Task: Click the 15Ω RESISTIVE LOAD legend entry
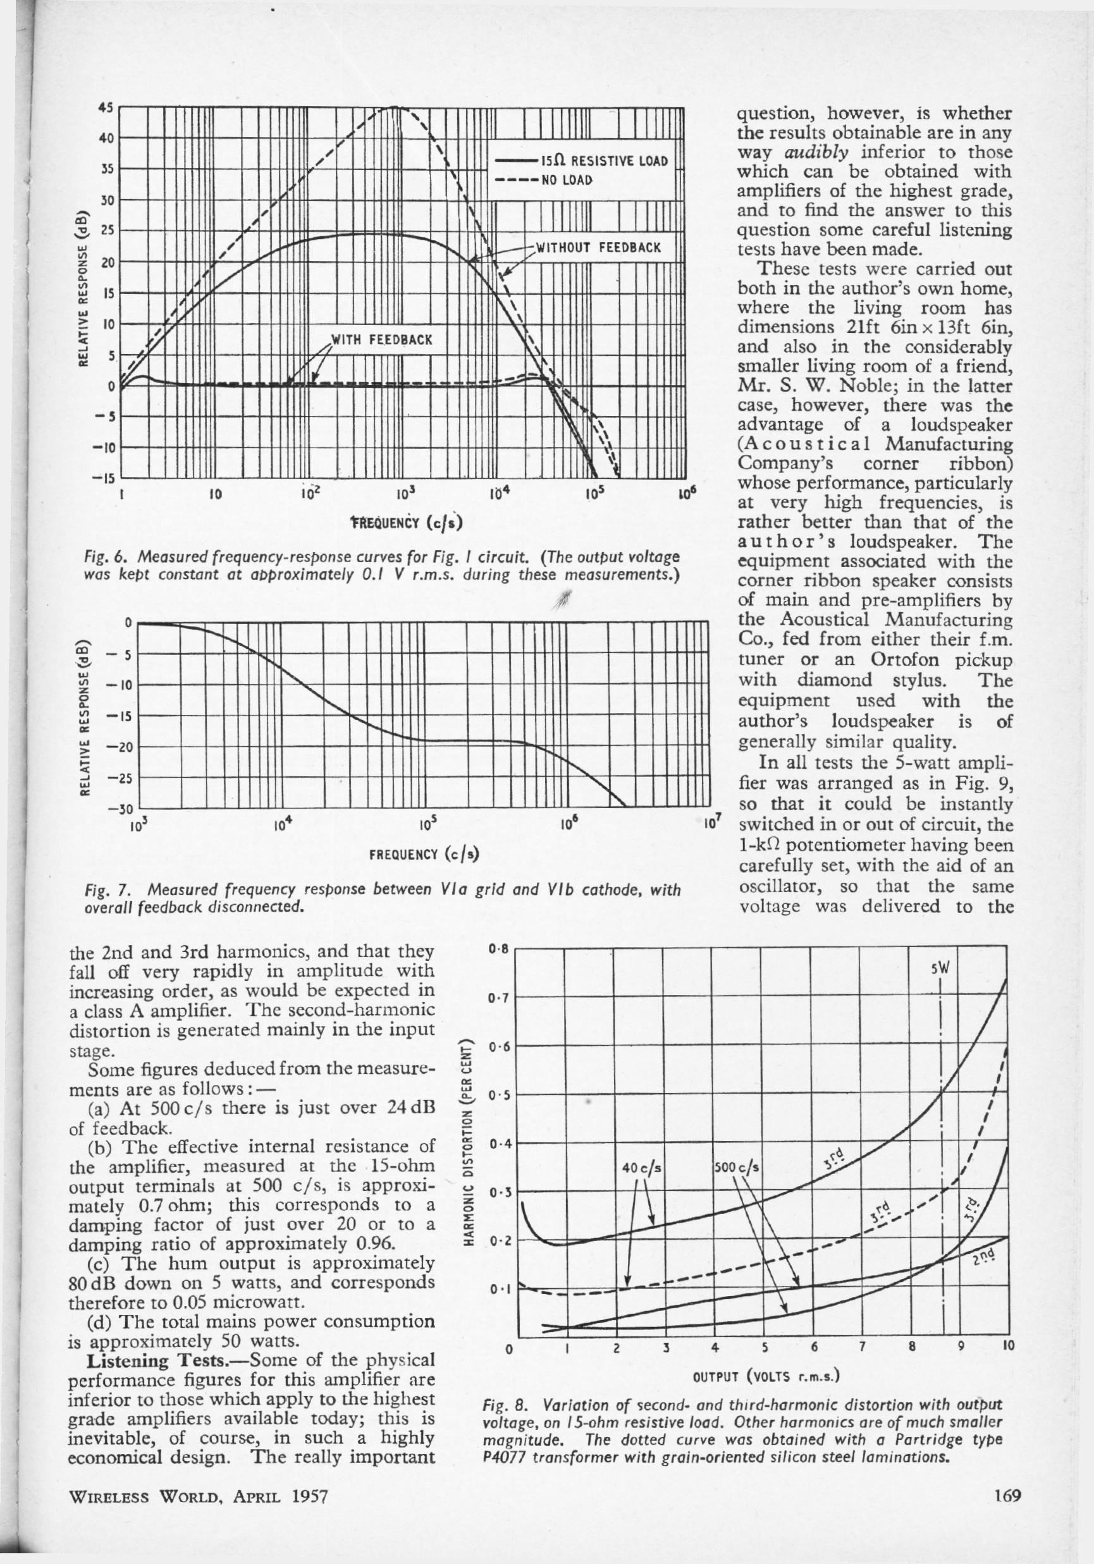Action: point(603,161)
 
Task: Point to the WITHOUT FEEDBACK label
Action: point(598,247)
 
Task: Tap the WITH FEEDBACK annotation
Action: point(381,339)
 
